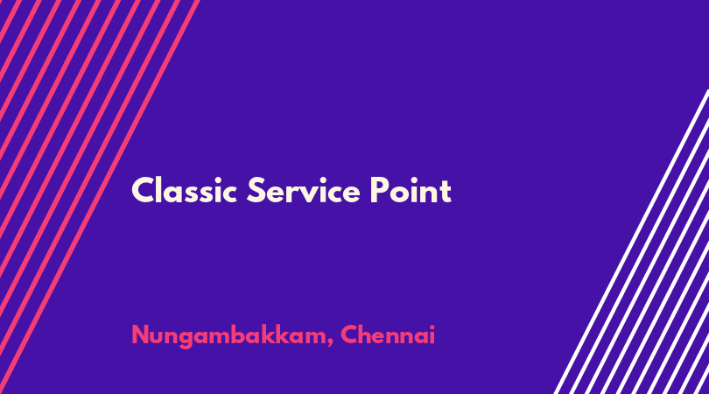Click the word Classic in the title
pos(184,190)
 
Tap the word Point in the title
pos(411,190)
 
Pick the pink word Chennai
pos(388,334)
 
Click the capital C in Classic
pos(143,190)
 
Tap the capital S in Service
pos(256,190)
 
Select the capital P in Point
pos(380,190)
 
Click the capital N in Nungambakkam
pos(141,335)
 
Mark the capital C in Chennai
pos(350,335)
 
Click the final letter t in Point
pos(446,192)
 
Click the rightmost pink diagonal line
pos(100,197)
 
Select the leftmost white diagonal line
pos(631,242)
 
